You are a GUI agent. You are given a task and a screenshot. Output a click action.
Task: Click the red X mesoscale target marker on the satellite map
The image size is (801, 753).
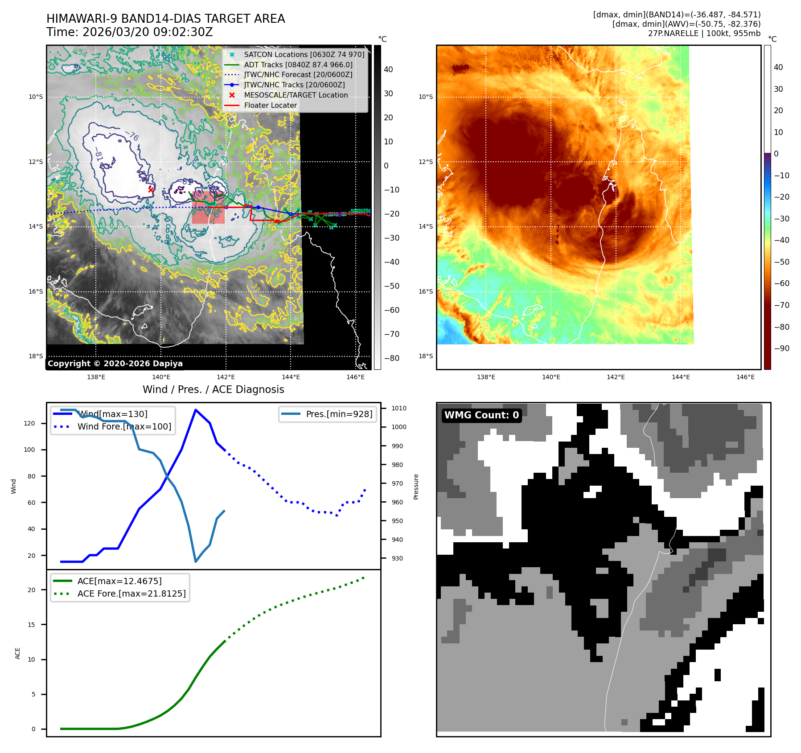click(x=151, y=190)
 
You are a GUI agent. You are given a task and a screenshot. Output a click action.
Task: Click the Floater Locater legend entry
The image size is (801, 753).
click(x=270, y=106)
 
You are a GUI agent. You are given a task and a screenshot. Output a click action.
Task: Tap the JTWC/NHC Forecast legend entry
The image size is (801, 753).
click(x=298, y=75)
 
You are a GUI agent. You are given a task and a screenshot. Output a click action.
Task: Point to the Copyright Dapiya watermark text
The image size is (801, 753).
click(x=115, y=364)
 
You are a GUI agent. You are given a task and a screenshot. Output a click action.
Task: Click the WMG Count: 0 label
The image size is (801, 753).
click(x=481, y=415)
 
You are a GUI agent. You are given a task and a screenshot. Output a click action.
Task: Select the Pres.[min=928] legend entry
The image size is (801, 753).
click(x=339, y=414)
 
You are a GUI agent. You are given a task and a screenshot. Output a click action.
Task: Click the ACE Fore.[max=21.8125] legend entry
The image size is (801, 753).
click(x=131, y=593)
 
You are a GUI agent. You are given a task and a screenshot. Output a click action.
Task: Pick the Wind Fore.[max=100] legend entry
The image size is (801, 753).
click(x=124, y=426)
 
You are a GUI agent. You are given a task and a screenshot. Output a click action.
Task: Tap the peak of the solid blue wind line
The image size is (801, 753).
click(x=195, y=409)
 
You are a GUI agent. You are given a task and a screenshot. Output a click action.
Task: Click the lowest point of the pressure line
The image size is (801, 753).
click(x=196, y=561)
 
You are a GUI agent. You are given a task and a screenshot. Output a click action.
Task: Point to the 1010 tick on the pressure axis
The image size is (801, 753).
click(x=398, y=408)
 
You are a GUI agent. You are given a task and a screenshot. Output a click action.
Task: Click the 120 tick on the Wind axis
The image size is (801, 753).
click(x=29, y=423)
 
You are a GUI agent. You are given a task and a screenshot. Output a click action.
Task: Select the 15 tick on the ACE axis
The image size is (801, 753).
click(x=31, y=625)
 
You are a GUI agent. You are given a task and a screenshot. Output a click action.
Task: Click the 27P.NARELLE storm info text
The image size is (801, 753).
click(x=704, y=33)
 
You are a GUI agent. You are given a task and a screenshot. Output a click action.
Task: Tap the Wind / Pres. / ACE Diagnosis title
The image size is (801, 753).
click(x=213, y=389)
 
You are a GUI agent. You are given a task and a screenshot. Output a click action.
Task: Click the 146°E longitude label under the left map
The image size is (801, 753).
click(x=355, y=377)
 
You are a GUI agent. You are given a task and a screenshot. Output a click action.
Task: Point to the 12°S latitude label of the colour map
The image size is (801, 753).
click(x=425, y=162)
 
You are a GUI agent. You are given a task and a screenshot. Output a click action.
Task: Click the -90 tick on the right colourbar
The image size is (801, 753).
click(x=781, y=348)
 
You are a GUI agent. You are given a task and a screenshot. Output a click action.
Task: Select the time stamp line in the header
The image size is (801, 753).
click(x=129, y=32)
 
